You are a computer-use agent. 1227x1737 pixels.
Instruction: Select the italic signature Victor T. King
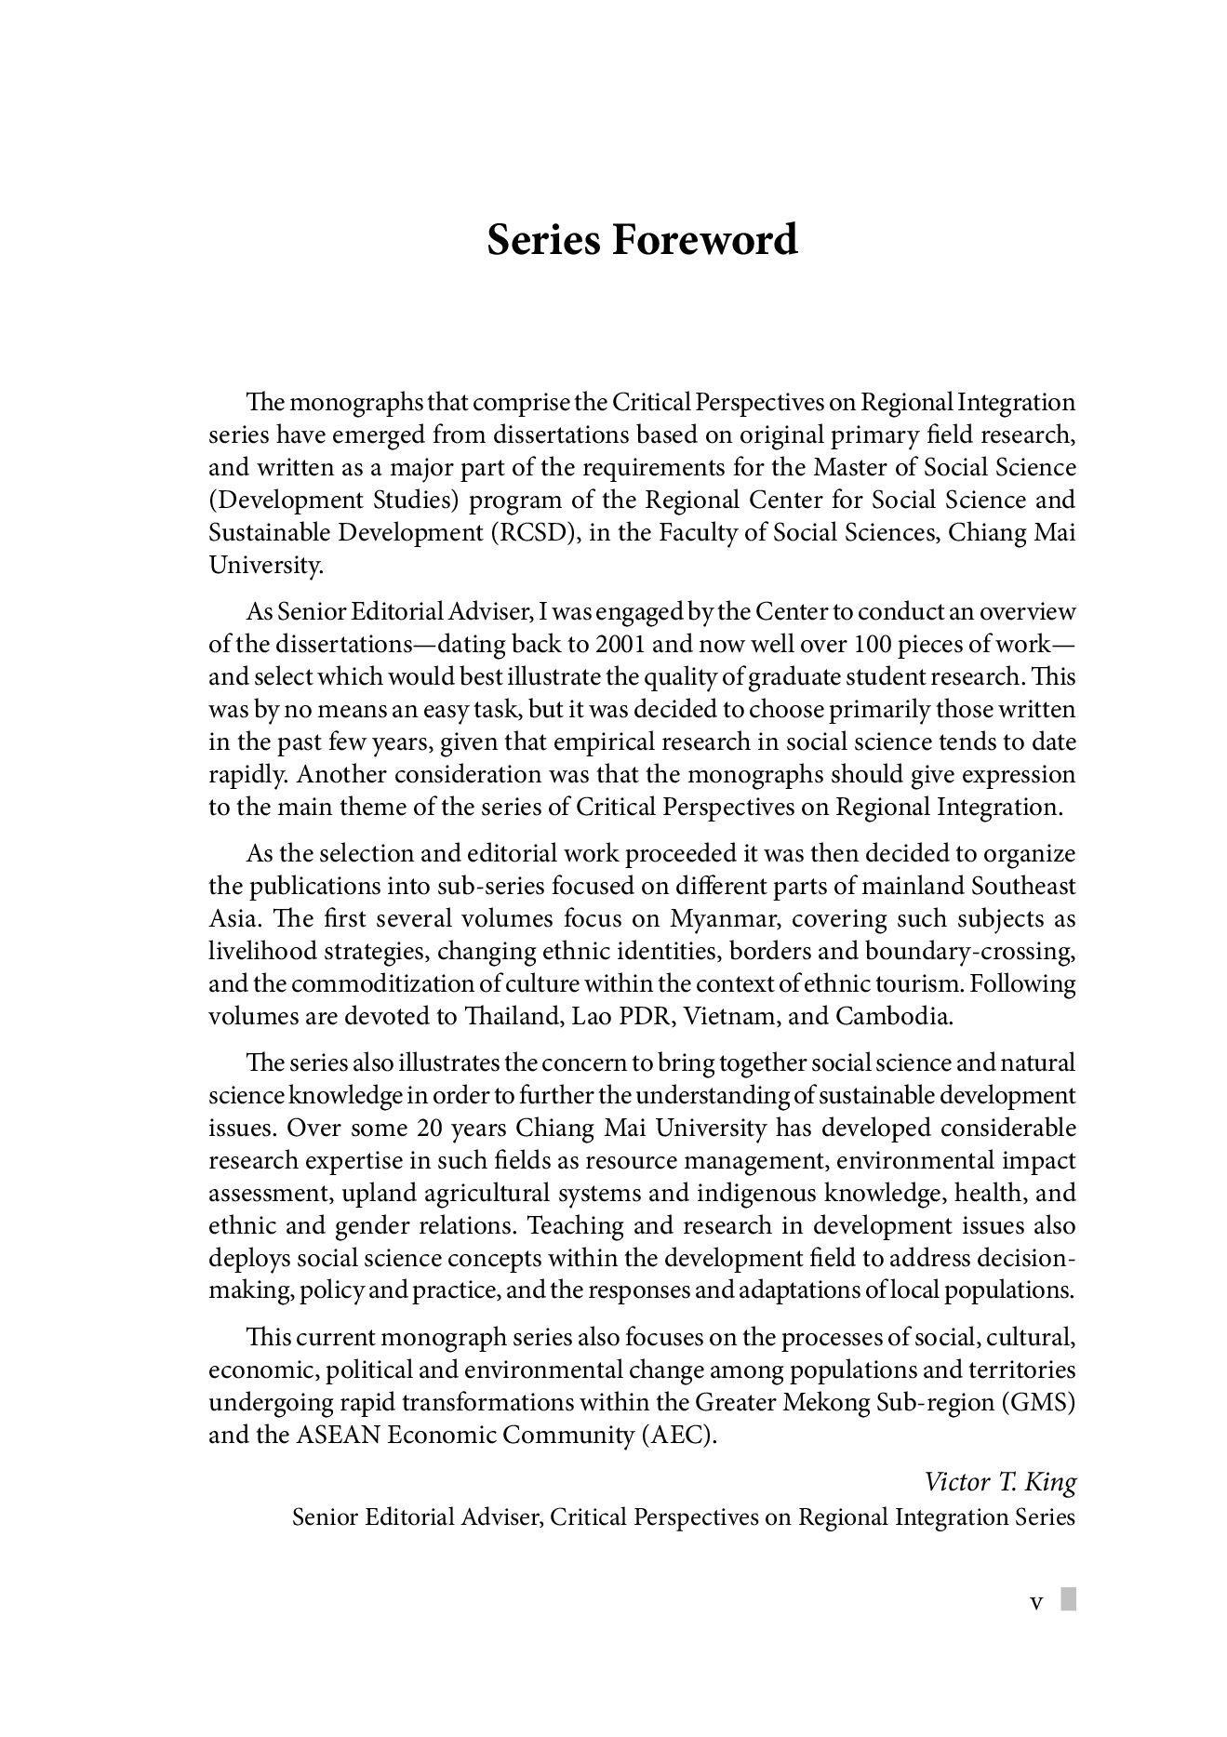point(1000,1482)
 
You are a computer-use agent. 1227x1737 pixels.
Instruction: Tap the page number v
point(1035,1602)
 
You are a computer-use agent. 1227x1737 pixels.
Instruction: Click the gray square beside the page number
point(1069,1599)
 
